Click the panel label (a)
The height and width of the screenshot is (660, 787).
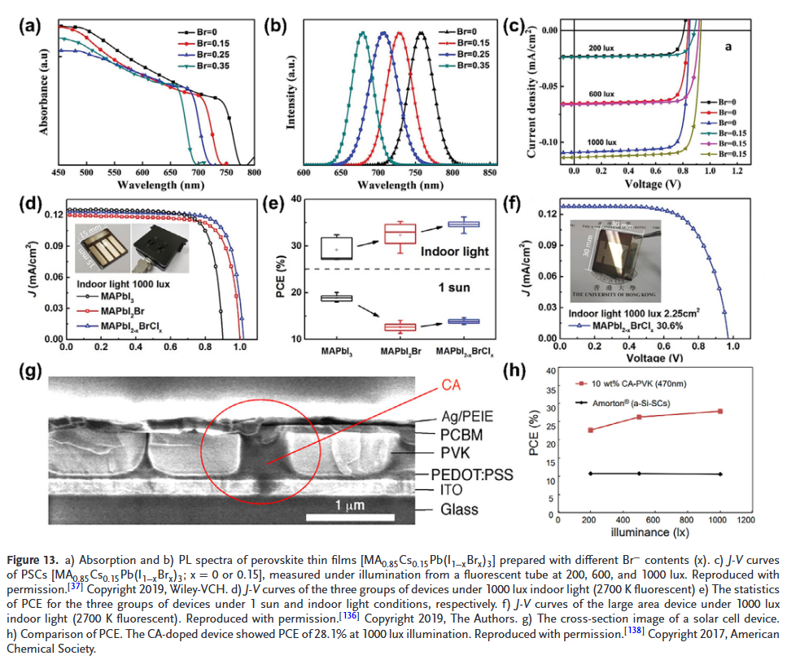click(x=31, y=25)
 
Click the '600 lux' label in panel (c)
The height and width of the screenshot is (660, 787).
click(x=601, y=94)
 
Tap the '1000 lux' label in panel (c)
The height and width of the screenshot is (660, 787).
click(x=603, y=142)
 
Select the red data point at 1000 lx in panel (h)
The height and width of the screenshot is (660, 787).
click(x=720, y=411)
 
